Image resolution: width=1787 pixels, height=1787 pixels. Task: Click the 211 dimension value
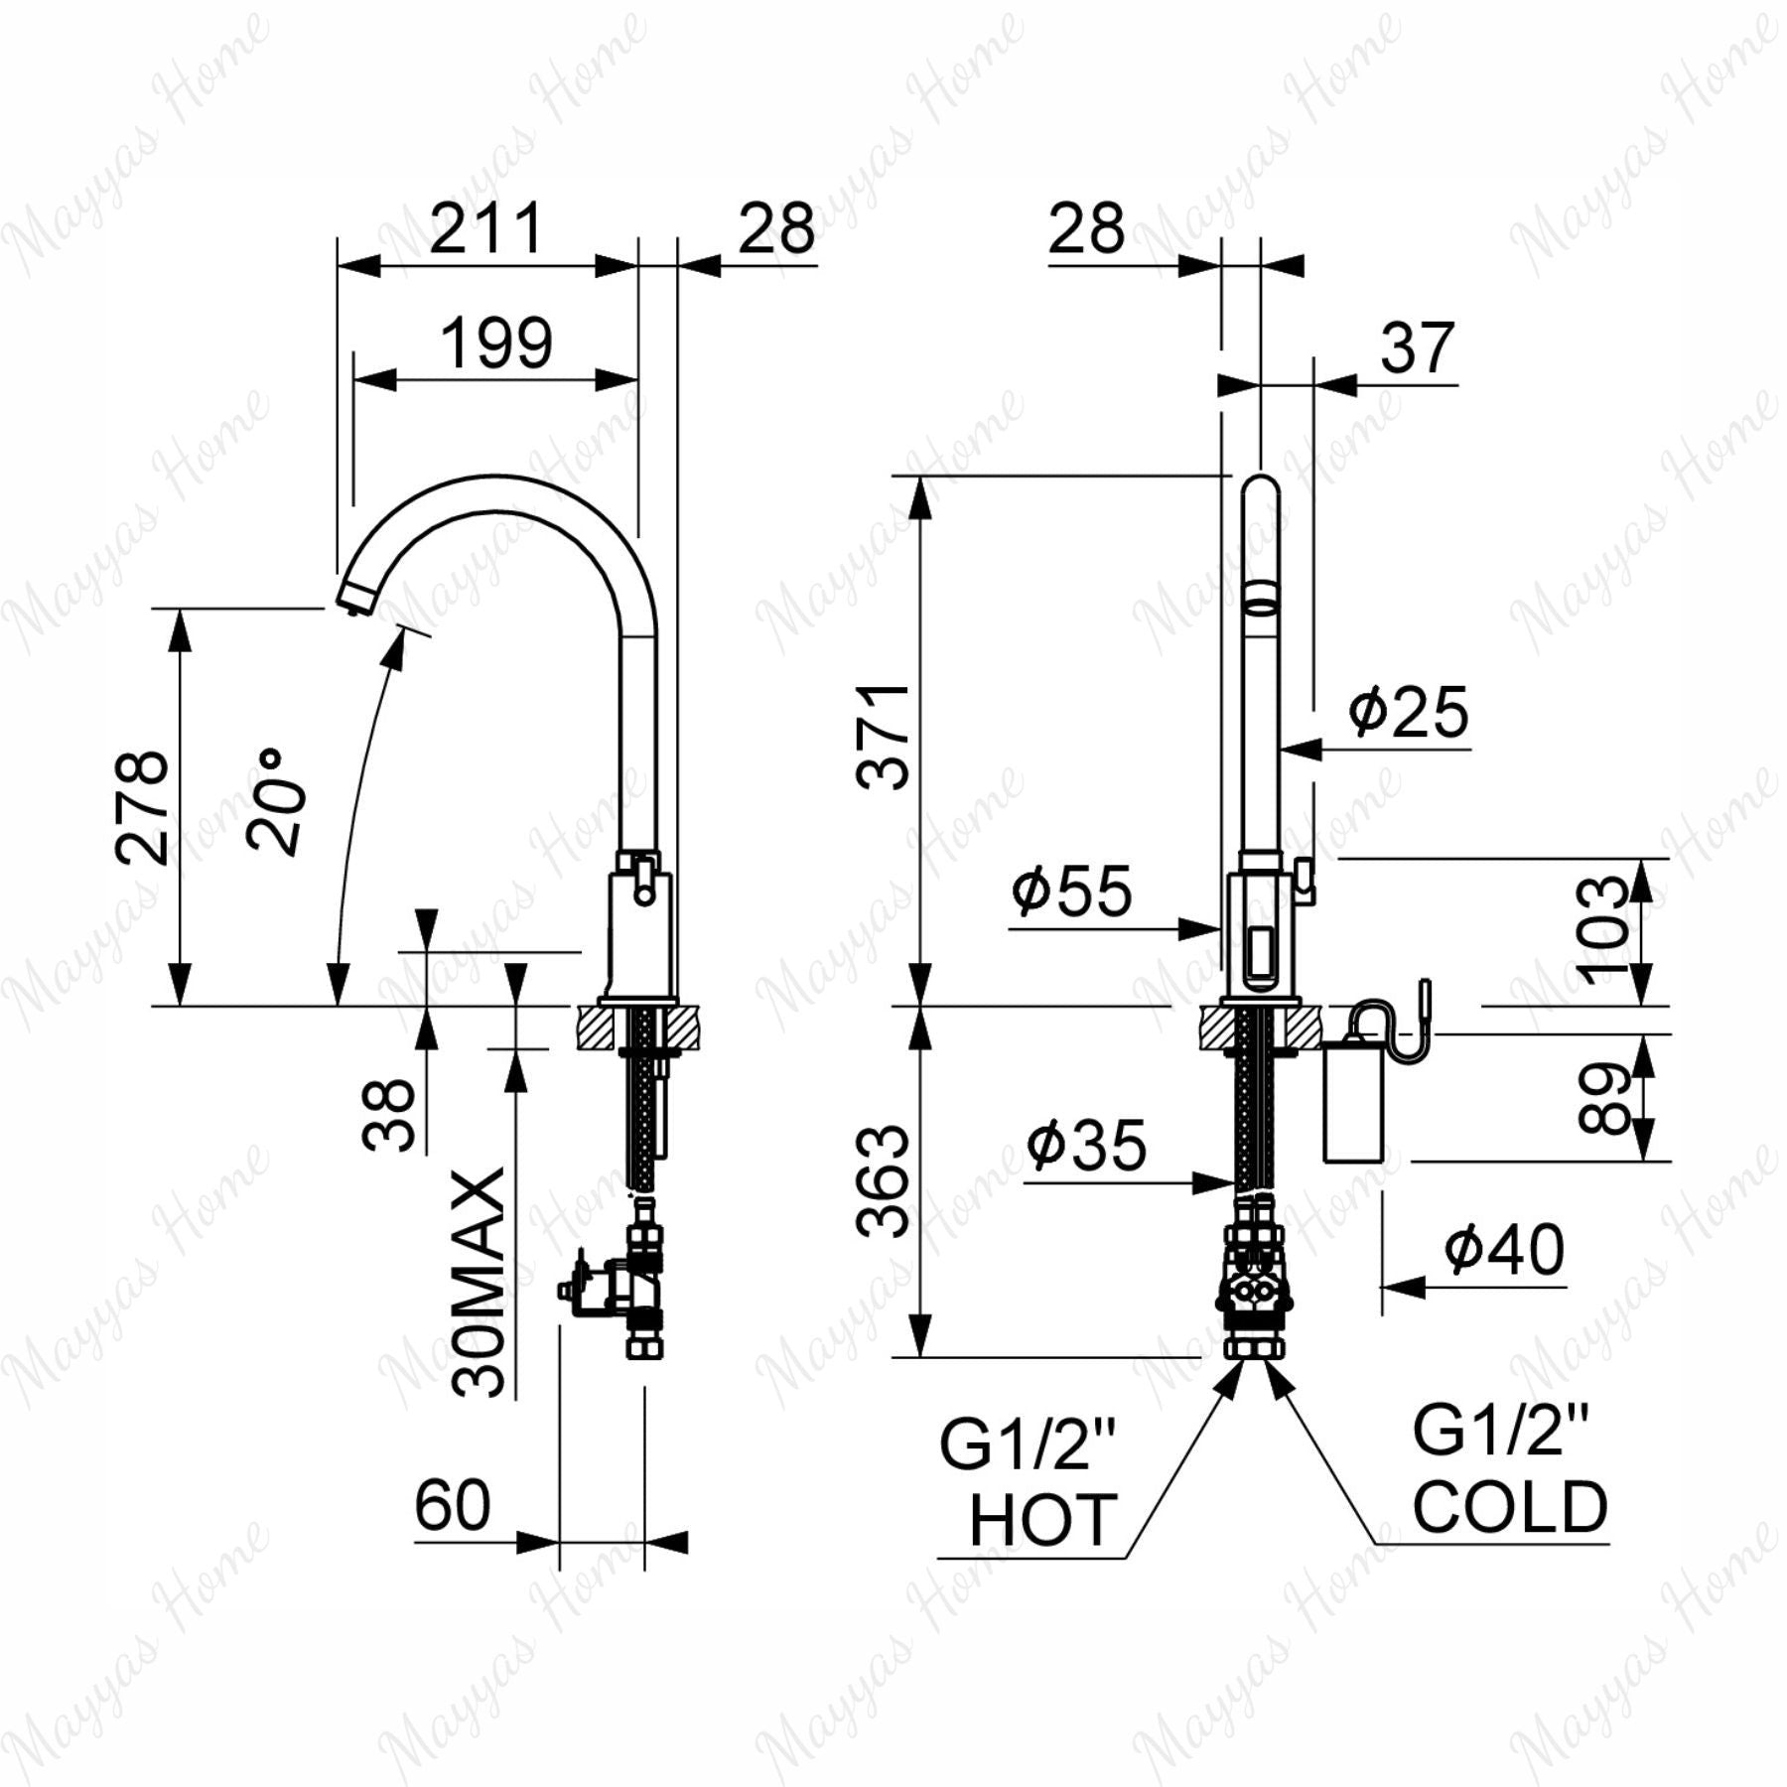click(486, 228)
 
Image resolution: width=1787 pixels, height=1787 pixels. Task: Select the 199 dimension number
click(495, 343)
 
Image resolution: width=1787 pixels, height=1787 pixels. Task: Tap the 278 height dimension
click(142, 807)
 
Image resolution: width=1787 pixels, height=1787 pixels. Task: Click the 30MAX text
click(479, 1283)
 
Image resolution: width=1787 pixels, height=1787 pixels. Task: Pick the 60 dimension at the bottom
click(453, 1505)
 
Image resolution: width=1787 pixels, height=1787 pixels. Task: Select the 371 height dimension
click(883, 737)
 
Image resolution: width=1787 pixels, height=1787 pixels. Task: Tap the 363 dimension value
click(883, 1180)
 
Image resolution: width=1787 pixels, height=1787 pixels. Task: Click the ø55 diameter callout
click(1071, 890)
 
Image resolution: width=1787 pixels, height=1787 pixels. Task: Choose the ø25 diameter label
click(1408, 711)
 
